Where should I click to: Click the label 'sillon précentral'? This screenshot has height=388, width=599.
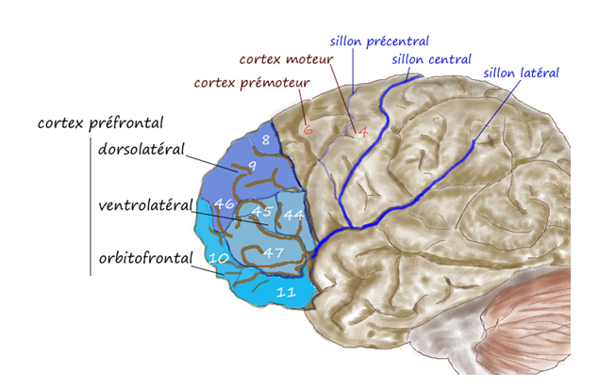[379, 41]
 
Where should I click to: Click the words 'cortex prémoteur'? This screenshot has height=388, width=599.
[252, 83]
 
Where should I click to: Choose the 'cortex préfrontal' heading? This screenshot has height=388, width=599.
[100, 123]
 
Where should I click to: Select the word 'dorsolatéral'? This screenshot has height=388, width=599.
[141, 149]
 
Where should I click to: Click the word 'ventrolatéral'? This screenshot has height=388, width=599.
[144, 204]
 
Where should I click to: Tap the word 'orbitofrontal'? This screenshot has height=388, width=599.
[143, 256]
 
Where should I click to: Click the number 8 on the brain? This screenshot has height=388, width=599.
[266, 140]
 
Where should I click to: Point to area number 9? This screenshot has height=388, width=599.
[252, 167]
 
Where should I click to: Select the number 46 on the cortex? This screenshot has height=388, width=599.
[224, 203]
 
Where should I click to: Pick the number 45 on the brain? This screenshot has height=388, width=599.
[261, 212]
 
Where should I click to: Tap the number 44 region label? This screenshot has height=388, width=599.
[293, 216]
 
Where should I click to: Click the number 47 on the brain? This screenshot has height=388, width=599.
[273, 252]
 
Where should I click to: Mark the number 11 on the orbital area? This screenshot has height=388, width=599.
[286, 293]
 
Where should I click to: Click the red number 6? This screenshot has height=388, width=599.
[308, 130]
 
